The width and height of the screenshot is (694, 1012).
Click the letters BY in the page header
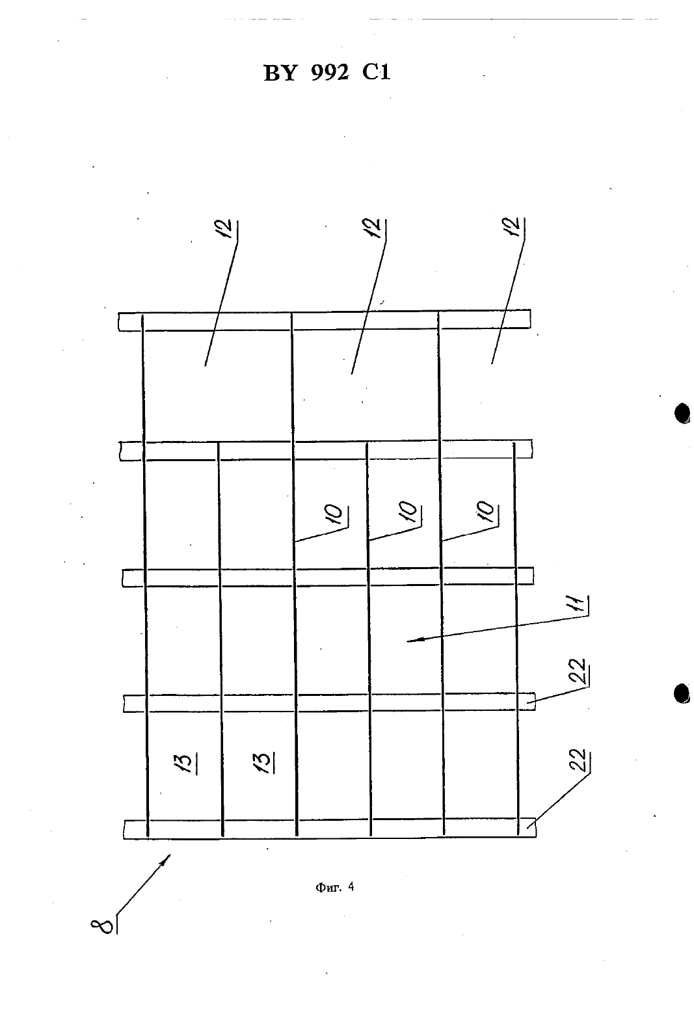pos(280,73)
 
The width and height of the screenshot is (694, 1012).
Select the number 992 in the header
pos(330,72)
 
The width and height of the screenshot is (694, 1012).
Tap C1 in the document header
pos(377,72)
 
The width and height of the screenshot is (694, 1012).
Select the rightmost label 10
pos(488,512)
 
